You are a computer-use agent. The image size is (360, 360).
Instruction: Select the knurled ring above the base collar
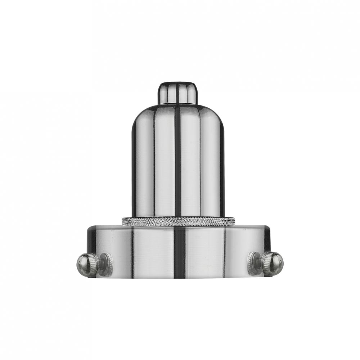[x=178, y=221]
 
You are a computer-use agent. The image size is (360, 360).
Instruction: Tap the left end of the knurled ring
[x=125, y=221]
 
